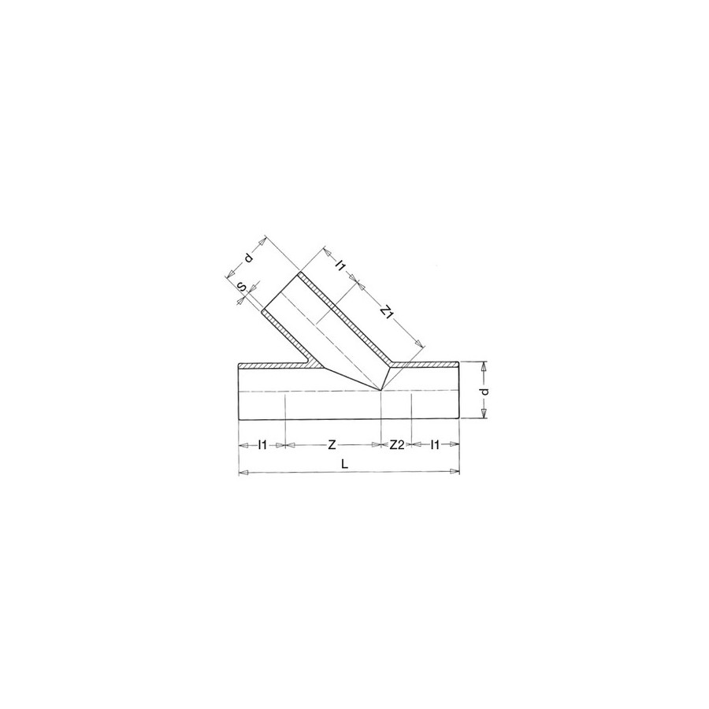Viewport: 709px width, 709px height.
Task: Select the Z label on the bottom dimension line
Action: [332, 445]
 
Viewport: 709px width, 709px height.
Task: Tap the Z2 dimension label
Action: [396, 445]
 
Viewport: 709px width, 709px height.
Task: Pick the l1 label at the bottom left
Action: [262, 445]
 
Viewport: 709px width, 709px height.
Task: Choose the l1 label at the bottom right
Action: [435, 445]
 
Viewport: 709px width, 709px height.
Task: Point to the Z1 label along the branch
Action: [386, 311]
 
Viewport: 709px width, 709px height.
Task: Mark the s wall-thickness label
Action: [243, 287]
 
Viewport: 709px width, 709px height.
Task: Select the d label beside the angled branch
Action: [248, 258]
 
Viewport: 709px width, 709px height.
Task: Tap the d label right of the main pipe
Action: [484, 391]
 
